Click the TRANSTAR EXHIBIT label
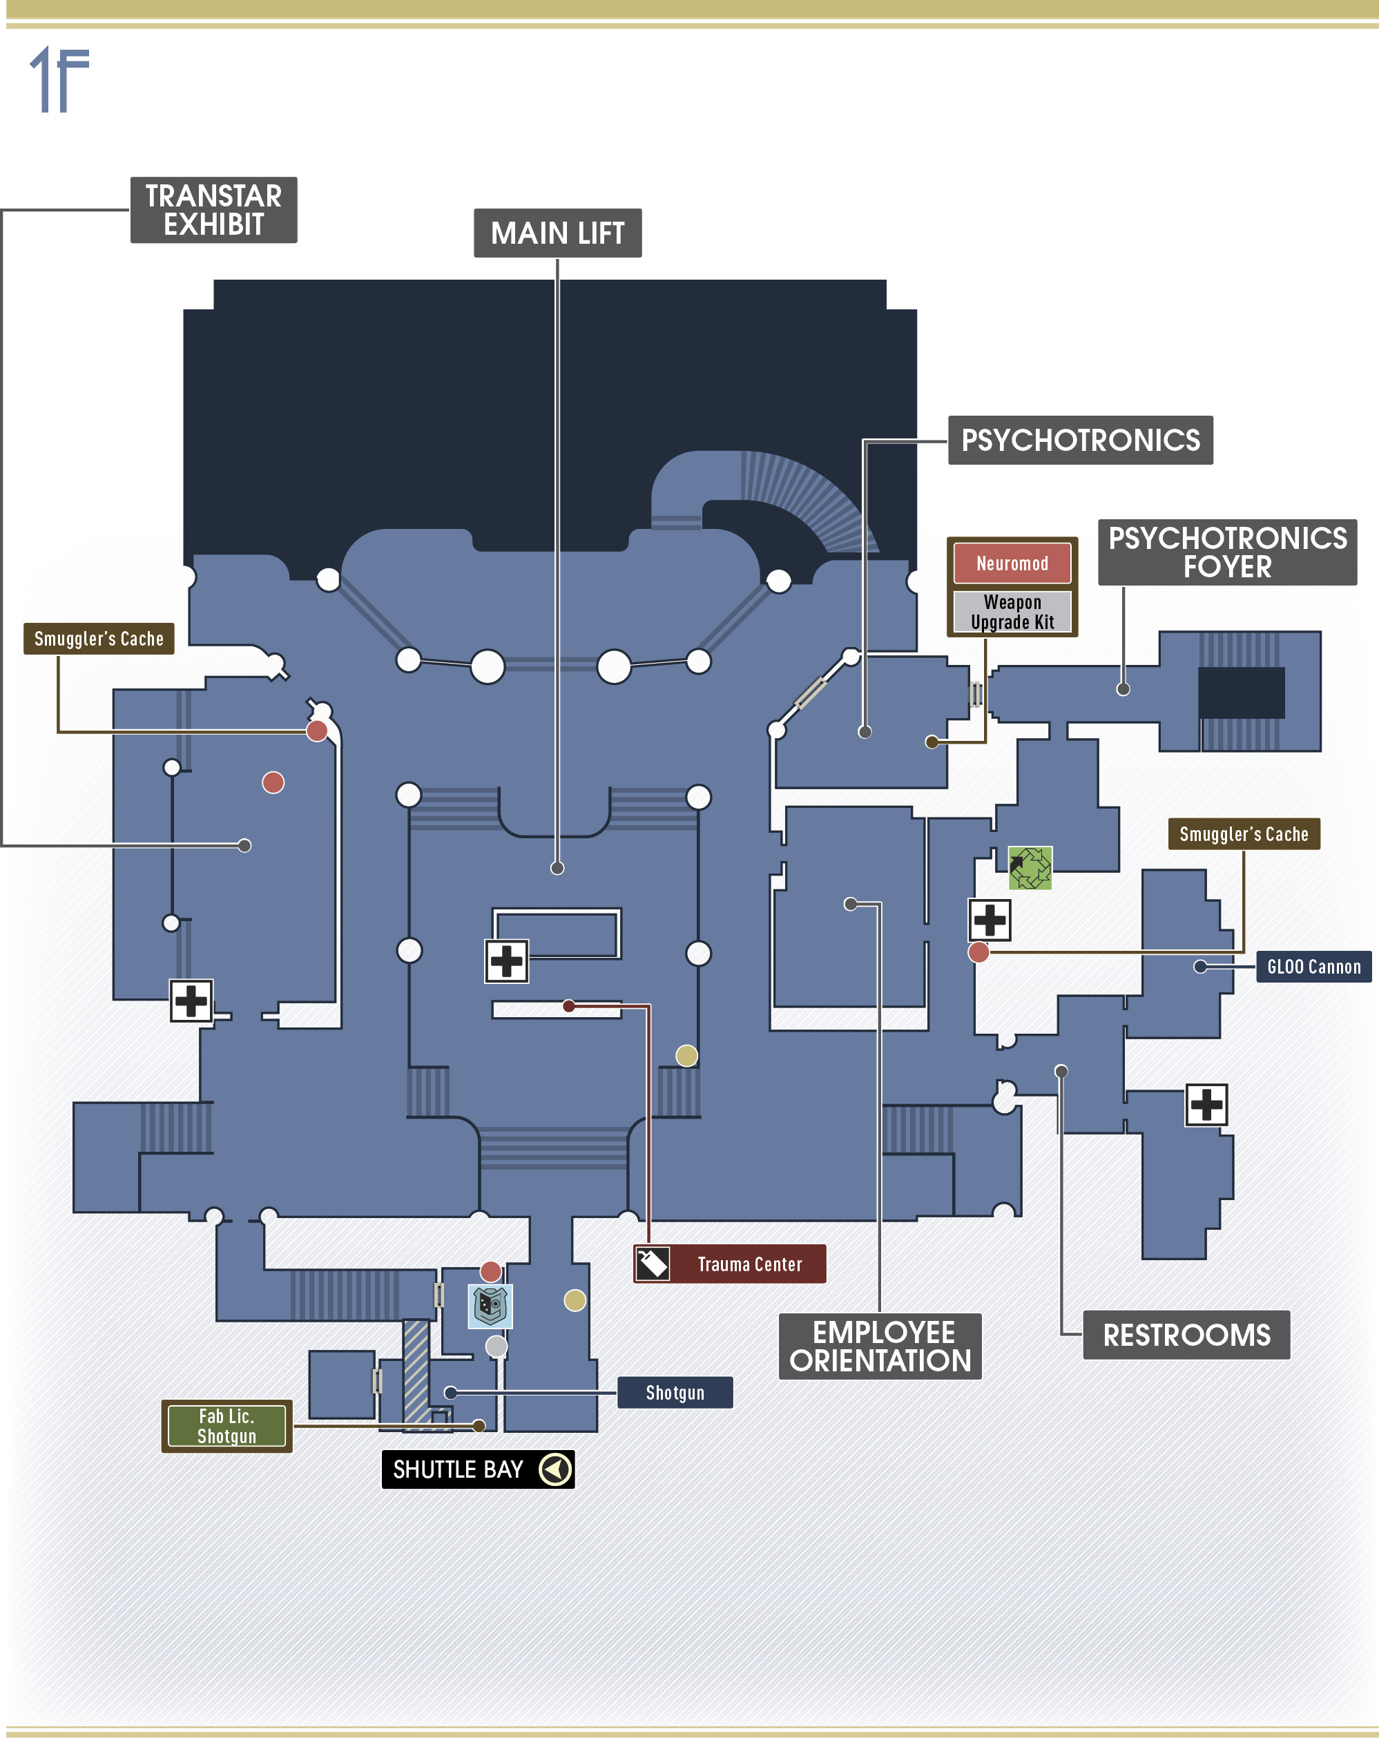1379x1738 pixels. pyautogui.click(x=213, y=210)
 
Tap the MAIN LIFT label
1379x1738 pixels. pyautogui.click(x=558, y=233)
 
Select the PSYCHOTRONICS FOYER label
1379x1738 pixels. pyautogui.click(x=1228, y=552)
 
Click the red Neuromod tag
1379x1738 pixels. pyautogui.click(x=1012, y=563)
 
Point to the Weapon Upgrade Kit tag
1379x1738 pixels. pyautogui.click(x=1012, y=612)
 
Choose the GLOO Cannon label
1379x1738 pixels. pyautogui.click(x=1313, y=967)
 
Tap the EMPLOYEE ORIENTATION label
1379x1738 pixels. pyautogui.click(x=880, y=1346)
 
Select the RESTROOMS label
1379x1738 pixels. pyautogui.click(x=1186, y=1335)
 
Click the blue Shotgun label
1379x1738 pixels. pyautogui.click(x=675, y=1392)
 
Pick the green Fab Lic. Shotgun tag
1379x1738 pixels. pyautogui.click(x=226, y=1426)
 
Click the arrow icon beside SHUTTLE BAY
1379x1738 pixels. pyautogui.click(x=555, y=1469)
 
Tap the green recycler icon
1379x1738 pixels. pyautogui.click(x=1030, y=868)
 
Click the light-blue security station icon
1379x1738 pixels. pyautogui.click(x=491, y=1306)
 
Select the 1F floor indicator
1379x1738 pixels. pyautogui.click(x=59, y=79)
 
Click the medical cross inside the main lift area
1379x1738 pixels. pyautogui.click(x=506, y=961)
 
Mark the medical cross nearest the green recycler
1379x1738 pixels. pyautogui.click(x=990, y=920)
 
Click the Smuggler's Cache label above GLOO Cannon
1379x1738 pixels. pyautogui.click(x=1244, y=834)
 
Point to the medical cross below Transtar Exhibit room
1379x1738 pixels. pyautogui.click(x=191, y=1001)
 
